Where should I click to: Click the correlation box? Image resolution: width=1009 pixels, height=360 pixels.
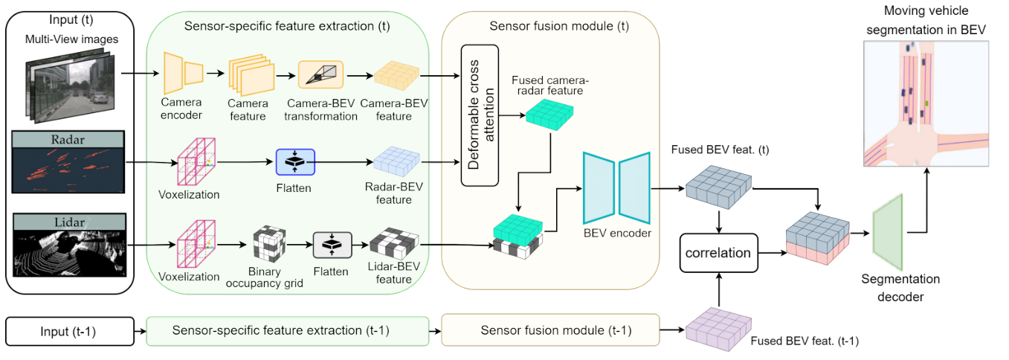pyautogui.click(x=718, y=253)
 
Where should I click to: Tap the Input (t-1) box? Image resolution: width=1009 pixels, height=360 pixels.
pyautogui.click(x=70, y=330)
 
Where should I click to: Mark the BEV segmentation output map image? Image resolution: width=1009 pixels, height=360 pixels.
pyautogui.click(x=926, y=104)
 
